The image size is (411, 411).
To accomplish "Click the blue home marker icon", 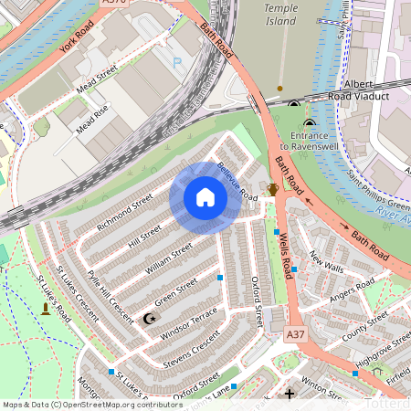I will (205, 197).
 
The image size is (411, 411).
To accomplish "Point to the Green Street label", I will (175, 293).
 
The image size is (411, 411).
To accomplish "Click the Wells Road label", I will (285, 255).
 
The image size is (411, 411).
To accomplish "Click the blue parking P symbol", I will (177, 64).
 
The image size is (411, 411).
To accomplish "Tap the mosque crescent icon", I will (151, 319).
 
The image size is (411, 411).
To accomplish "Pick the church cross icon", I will (290, 395).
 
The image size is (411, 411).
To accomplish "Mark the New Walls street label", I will (326, 264).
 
